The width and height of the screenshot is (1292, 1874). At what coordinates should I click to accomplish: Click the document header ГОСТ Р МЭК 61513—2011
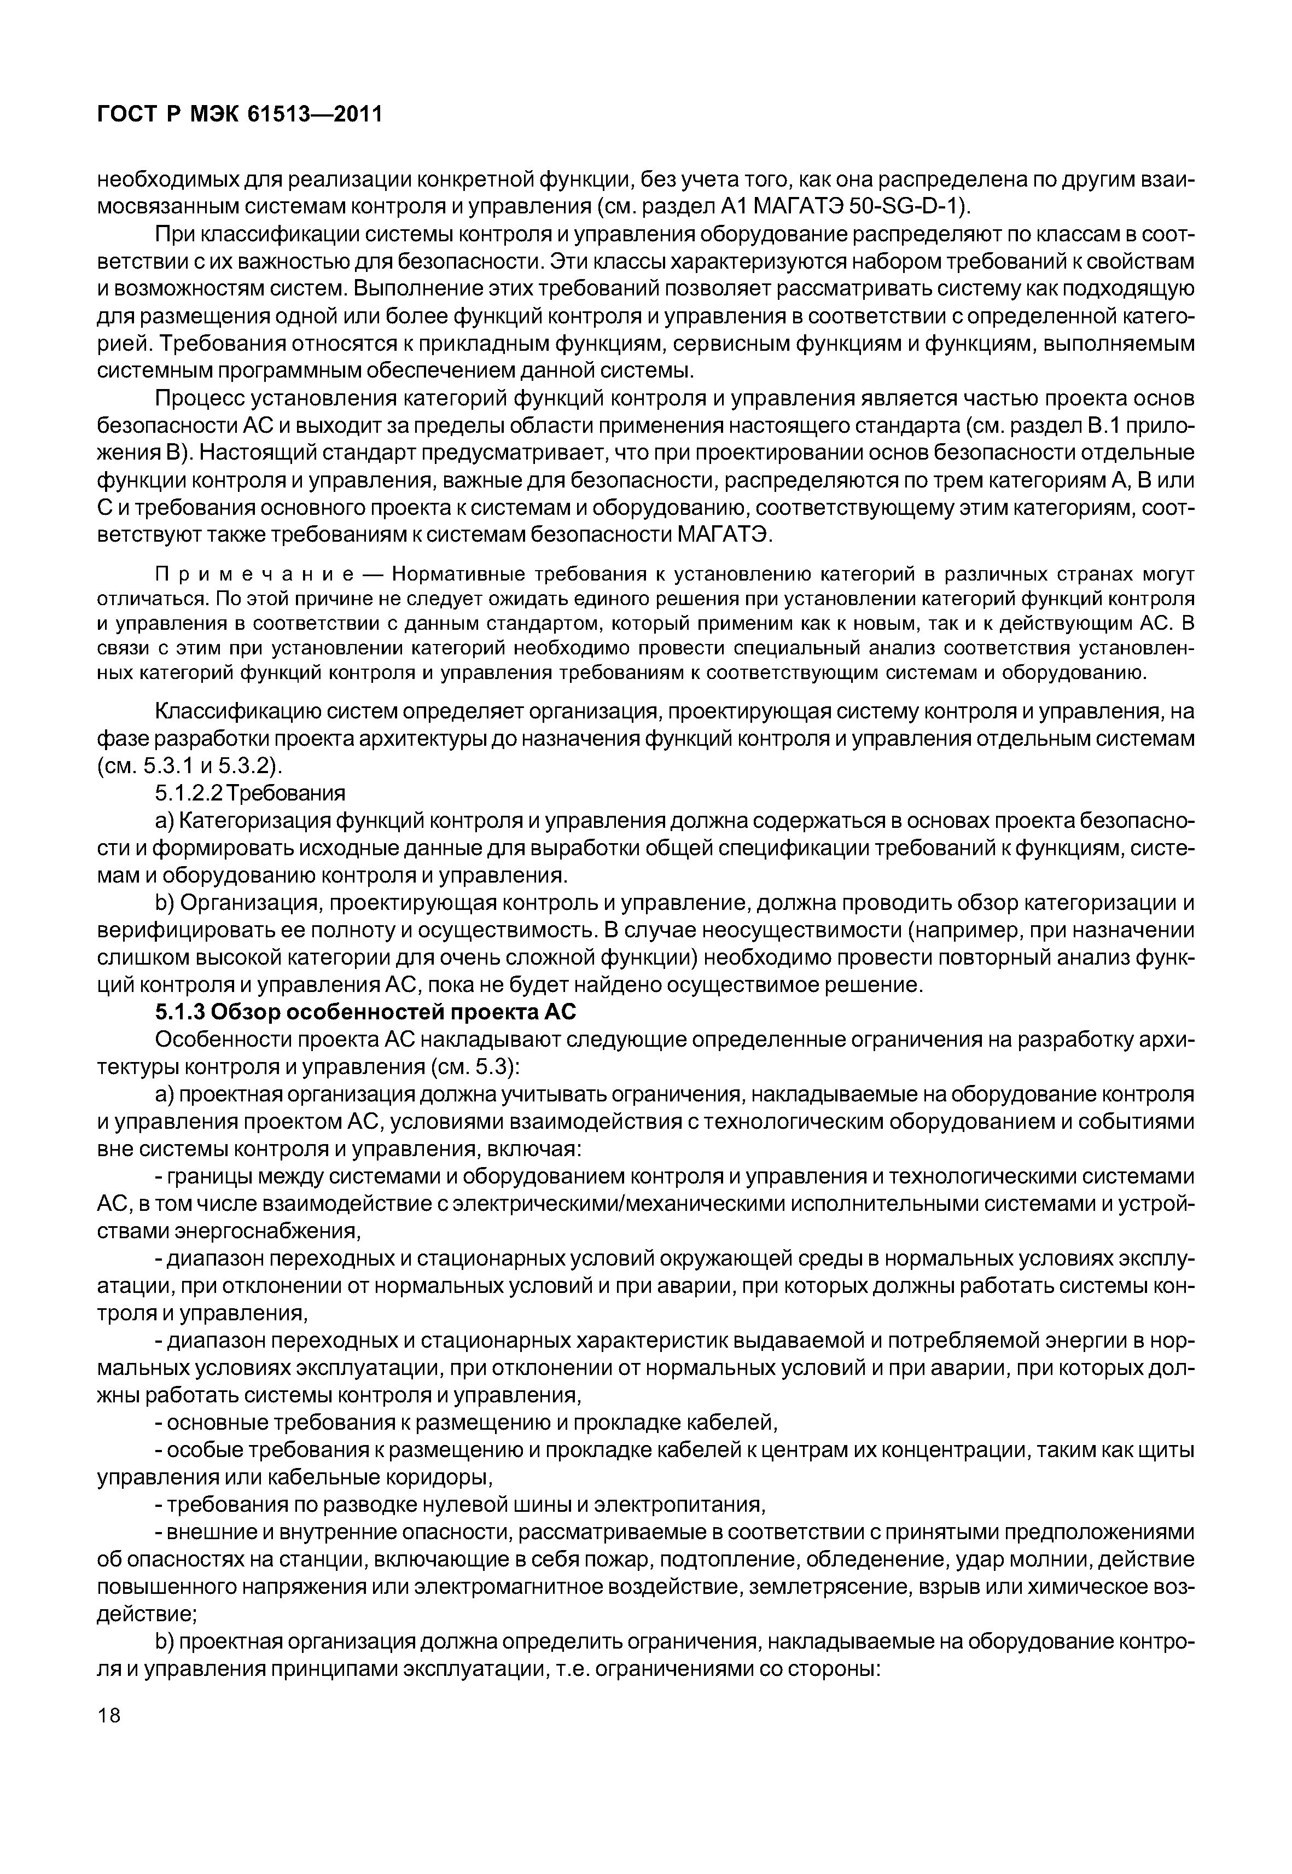pyautogui.click(x=239, y=115)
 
